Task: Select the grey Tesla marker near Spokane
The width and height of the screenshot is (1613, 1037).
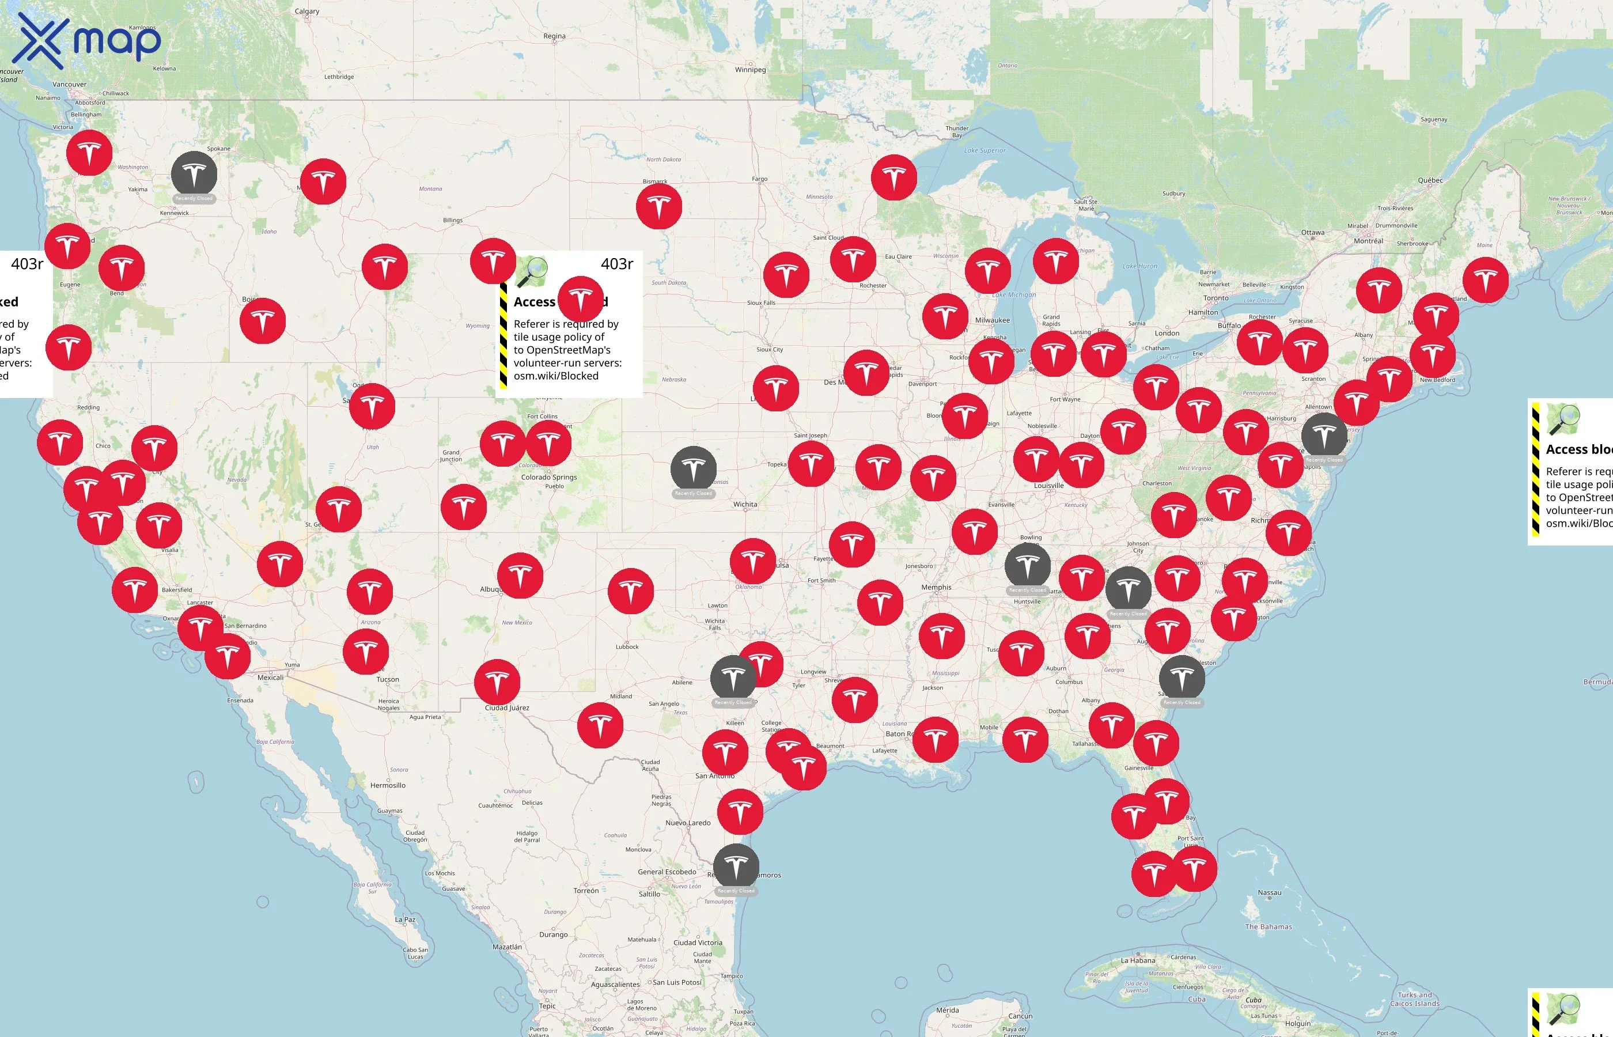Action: [194, 175]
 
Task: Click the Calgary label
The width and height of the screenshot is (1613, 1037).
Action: [307, 12]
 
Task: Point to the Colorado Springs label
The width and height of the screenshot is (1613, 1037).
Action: [548, 478]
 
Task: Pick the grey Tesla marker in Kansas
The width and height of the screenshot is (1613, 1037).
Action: [694, 469]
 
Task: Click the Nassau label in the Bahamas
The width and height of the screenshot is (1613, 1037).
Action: [1269, 893]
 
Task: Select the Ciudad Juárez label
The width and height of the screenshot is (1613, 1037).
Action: [507, 707]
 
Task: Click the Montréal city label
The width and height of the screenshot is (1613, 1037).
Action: [1368, 241]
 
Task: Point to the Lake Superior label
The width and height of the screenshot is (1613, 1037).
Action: [985, 151]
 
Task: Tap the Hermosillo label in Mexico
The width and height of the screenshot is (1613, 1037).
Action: [388, 785]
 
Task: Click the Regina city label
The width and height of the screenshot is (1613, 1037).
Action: [554, 36]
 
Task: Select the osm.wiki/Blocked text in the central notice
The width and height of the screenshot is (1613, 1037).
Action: [555, 376]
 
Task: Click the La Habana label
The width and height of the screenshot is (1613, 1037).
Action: [1138, 960]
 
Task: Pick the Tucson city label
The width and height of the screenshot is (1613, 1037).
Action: [388, 679]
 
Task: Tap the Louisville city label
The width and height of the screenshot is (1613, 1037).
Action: [1048, 486]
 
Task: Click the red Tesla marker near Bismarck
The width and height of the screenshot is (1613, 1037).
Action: [658, 206]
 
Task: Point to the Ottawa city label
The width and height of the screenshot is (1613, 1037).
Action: [1312, 233]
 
